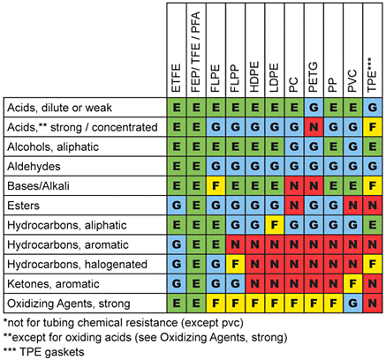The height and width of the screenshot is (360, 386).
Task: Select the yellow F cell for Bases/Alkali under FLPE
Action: [213, 184]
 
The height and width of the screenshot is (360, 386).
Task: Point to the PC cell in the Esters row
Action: [291, 205]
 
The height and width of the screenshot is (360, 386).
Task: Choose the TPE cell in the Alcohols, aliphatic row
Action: [373, 145]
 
